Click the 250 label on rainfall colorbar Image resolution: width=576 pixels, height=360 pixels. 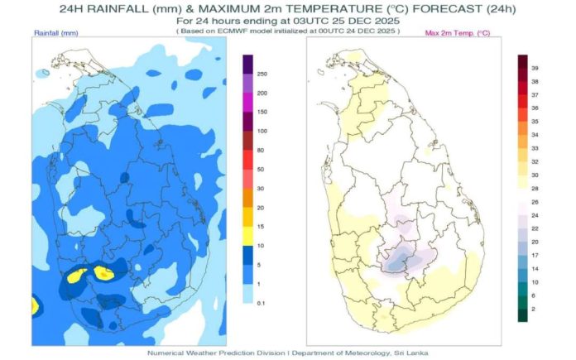click(262, 74)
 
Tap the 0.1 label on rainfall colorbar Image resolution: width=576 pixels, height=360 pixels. click(261, 304)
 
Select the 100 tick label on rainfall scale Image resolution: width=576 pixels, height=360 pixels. click(262, 131)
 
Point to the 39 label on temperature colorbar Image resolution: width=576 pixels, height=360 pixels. click(535, 69)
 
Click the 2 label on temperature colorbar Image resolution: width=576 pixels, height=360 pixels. click(533, 310)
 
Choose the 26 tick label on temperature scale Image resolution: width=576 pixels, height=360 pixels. click(535, 203)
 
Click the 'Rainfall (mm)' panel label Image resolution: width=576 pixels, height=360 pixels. click(56, 33)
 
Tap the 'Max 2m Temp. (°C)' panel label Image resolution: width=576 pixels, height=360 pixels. click(458, 33)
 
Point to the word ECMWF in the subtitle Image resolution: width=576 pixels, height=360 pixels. click(230, 31)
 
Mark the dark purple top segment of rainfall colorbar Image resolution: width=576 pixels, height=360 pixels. click(248, 65)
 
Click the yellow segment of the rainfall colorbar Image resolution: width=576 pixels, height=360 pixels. click(248, 236)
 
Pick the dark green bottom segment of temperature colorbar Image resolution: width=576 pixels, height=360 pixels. click(523, 315)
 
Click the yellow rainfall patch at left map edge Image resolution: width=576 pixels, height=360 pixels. click(35, 306)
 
